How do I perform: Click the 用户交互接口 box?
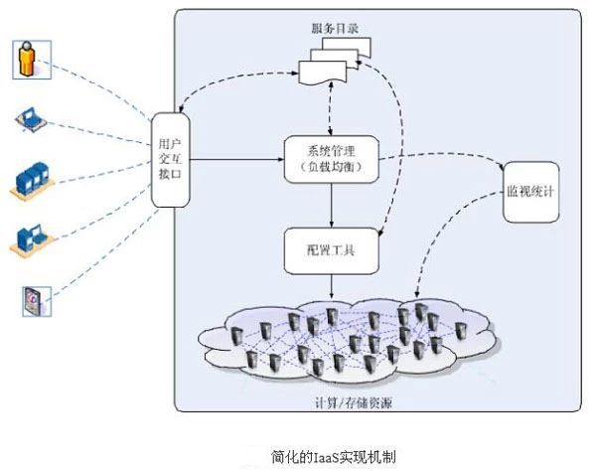coord(171,160)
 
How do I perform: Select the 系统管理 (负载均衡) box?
coord(332,159)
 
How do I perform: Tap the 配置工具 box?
coord(332,250)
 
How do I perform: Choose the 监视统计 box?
coord(531,192)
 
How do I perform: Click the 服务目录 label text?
coord(335,29)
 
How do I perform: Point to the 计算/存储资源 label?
coord(354,403)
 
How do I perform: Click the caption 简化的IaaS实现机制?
coord(334,456)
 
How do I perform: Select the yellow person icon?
coord(32,60)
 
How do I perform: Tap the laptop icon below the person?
coord(31,119)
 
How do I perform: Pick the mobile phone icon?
coord(37,301)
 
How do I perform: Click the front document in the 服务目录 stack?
coord(323,72)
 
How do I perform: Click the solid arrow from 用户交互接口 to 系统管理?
coord(237,159)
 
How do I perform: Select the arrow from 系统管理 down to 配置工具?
coord(332,206)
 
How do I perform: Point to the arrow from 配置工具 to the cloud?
coord(332,286)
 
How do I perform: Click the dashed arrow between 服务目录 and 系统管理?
coord(331,109)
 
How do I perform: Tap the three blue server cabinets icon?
coord(32,180)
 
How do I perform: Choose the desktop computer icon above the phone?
coord(31,239)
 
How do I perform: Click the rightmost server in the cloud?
coord(460,331)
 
